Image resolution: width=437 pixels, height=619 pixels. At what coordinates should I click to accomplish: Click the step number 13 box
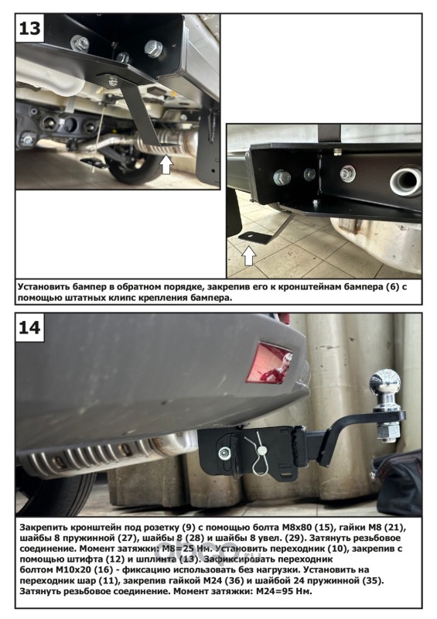click(29, 28)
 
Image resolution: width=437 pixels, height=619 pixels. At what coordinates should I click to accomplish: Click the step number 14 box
click(29, 327)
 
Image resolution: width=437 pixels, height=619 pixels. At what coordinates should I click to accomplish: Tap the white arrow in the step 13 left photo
click(166, 164)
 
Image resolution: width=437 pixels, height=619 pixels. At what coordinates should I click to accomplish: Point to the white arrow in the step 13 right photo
click(249, 255)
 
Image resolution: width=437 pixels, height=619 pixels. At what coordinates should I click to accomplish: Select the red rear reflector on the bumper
click(268, 362)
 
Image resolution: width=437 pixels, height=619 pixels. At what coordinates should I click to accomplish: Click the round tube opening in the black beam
click(405, 181)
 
